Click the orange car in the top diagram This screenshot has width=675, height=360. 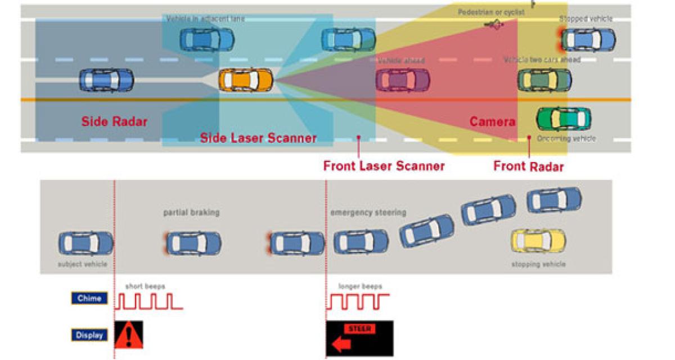pyautogui.click(x=245, y=80)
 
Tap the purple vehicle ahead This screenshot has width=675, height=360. pyautogui.click(x=403, y=80)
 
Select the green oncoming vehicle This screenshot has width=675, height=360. pyautogui.click(x=564, y=119)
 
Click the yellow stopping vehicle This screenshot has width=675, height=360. pyautogui.click(x=538, y=241)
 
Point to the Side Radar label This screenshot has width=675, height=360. pyautogui.click(x=114, y=121)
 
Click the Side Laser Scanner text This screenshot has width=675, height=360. pyautogui.click(x=258, y=138)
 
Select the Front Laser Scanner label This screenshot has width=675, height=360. pyautogui.click(x=384, y=166)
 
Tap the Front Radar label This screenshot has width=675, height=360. pyautogui.click(x=528, y=166)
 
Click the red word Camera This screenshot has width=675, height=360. pyautogui.click(x=492, y=121)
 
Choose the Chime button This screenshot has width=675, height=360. pyautogui.click(x=89, y=298)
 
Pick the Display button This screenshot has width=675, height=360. pyautogui.click(x=89, y=335)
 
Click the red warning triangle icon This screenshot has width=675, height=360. pyautogui.click(x=129, y=335)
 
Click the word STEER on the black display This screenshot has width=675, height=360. pyautogui.click(x=360, y=328)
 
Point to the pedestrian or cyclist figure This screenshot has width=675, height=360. pyautogui.click(x=495, y=24)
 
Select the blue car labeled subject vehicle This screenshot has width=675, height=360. pyautogui.click(x=85, y=243)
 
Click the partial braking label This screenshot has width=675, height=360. pyautogui.click(x=191, y=213)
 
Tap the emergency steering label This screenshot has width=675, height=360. pyautogui.click(x=368, y=213)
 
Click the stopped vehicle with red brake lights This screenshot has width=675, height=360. pyautogui.click(x=587, y=39)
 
